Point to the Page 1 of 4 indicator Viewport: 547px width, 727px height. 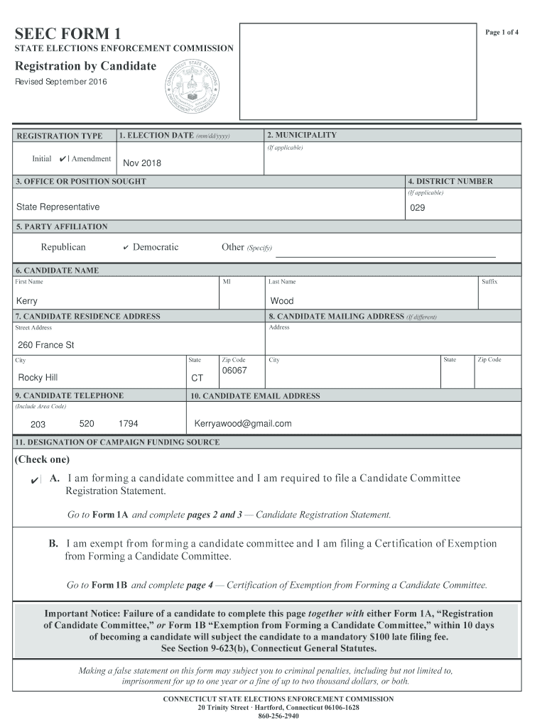[x=502, y=33]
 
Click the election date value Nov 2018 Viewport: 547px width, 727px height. [x=142, y=163]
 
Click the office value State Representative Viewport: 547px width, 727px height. [x=58, y=207]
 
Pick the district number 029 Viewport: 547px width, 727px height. [x=418, y=209]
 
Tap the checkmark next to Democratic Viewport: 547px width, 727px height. [x=125, y=248]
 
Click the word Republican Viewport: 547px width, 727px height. [x=63, y=247]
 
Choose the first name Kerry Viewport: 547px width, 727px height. [x=27, y=301]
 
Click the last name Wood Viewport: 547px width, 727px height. [x=281, y=301]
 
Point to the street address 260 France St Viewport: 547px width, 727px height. [x=46, y=345]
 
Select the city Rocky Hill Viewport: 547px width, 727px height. [x=38, y=378]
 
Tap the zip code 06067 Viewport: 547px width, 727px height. [x=234, y=371]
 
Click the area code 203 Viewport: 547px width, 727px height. [x=38, y=425]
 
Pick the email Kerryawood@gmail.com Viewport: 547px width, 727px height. [x=243, y=424]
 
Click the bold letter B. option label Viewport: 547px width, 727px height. [x=53, y=544]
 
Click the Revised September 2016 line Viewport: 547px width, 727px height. [x=62, y=82]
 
